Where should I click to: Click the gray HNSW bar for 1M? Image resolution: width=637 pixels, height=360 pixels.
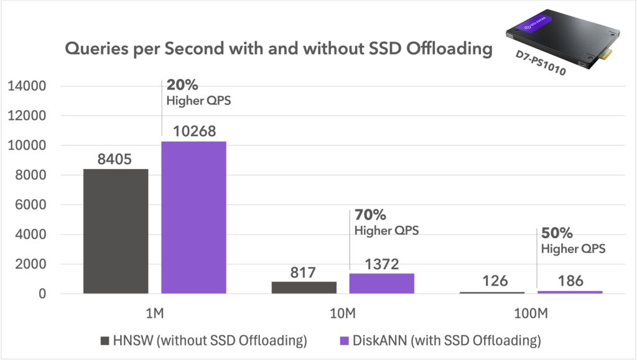click(116, 231)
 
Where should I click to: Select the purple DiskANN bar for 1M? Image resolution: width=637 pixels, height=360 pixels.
click(193, 217)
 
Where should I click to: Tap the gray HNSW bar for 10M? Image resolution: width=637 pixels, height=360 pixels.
click(304, 287)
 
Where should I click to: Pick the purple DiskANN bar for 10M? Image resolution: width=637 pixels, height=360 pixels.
click(381, 283)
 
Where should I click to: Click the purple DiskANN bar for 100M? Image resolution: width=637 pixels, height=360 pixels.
click(569, 292)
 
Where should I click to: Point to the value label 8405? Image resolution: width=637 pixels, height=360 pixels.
click(114, 160)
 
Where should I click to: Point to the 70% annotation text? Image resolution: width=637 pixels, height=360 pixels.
click(370, 215)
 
